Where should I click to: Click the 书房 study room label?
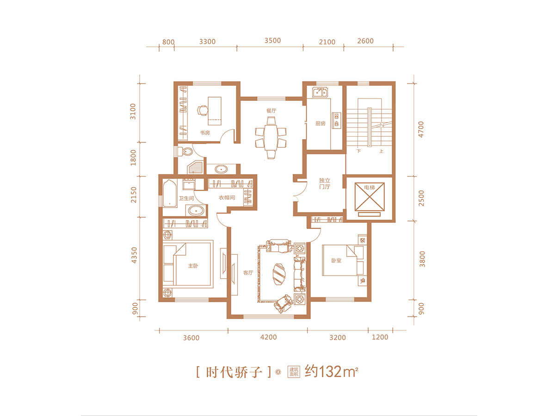[x=205, y=133]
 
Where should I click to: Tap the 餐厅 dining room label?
[x=271, y=110]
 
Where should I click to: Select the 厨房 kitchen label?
[x=320, y=123]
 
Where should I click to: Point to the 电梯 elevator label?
[x=369, y=187]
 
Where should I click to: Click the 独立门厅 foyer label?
[x=325, y=184]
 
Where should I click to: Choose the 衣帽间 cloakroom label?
[x=227, y=197]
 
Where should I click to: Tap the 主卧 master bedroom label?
[x=193, y=266]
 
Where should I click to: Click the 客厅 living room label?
[x=248, y=273]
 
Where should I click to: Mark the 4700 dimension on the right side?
[x=421, y=129]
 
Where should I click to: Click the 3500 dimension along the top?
[x=272, y=41]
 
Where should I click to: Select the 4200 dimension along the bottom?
[x=269, y=337]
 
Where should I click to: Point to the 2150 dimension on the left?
[x=134, y=195]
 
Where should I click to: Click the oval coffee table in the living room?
[x=279, y=275]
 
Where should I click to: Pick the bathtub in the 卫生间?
[x=170, y=193]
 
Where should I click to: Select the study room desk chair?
[x=202, y=110]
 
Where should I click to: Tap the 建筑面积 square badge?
[x=294, y=372]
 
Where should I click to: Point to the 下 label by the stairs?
[x=358, y=151]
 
